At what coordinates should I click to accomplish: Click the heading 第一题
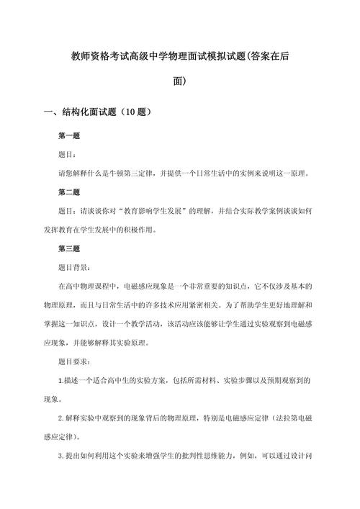(70, 135)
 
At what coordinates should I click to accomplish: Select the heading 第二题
(70, 192)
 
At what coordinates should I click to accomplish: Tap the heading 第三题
(70, 248)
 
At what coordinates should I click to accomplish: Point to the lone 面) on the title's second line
(180, 81)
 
